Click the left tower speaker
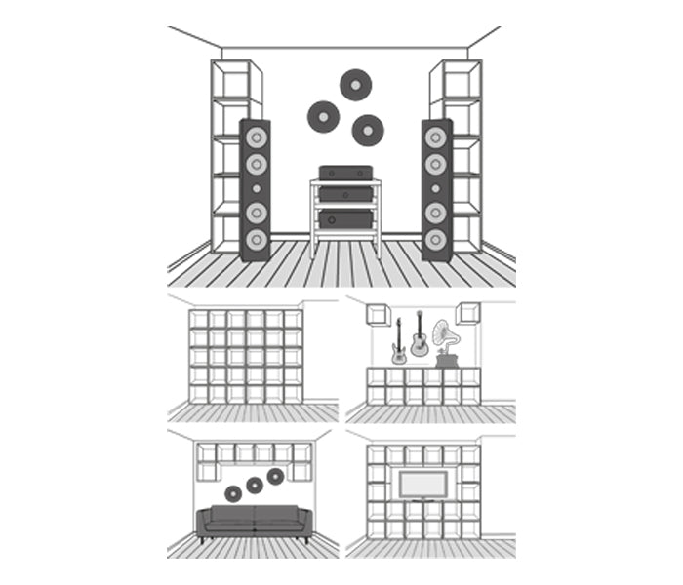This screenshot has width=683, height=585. pyautogui.click(x=256, y=189)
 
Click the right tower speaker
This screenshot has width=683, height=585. pyautogui.click(x=436, y=189)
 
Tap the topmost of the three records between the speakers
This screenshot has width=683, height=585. pyautogui.click(x=356, y=85)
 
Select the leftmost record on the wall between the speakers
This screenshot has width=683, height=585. pyautogui.click(x=323, y=116)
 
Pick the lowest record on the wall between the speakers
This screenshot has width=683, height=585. pyautogui.click(x=368, y=130)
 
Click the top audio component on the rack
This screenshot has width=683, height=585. pyautogui.click(x=345, y=173)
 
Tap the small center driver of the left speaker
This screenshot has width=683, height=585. pyautogui.click(x=257, y=187)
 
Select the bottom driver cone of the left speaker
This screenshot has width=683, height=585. pyautogui.click(x=257, y=239)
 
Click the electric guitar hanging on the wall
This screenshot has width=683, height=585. pyautogui.click(x=398, y=342)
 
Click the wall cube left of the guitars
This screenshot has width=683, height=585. pyautogui.click(x=378, y=313)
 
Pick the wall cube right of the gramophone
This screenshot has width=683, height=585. pyautogui.click(x=468, y=313)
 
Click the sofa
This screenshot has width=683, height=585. pyautogui.click(x=254, y=523)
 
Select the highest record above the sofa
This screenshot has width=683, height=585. pyautogui.click(x=275, y=476)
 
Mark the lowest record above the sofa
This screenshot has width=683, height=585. pyautogui.click(x=232, y=493)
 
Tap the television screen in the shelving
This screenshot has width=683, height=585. pyautogui.click(x=423, y=485)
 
